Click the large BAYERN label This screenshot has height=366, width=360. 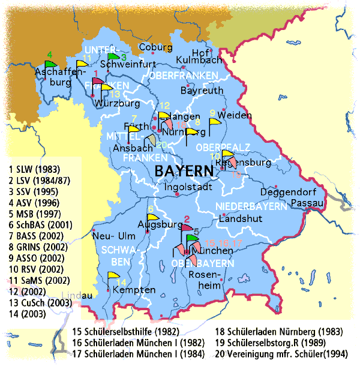click(x=184, y=172)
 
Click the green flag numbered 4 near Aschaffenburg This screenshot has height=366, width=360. click(x=50, y=63)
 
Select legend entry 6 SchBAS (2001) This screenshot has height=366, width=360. click(x=40, y=225)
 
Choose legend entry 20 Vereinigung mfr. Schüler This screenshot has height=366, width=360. click(x=283, y=353)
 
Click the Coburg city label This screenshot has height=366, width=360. click(x=155, y=47)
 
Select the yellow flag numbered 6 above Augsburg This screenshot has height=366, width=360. click(x=152, y=218)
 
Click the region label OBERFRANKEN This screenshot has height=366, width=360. click(x=184, y=76)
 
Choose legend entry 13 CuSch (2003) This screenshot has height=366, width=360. click(x=40, y=302)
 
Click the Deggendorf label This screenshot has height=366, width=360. click(x=288, y=193)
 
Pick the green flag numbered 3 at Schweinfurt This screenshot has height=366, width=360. click(x=115, y=56)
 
